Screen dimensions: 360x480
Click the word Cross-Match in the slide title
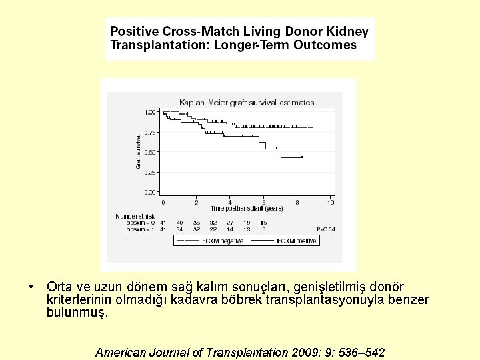pos(206,31)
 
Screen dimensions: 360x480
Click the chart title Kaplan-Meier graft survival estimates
pos(247,103)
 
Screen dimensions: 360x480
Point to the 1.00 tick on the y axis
pos(151,112)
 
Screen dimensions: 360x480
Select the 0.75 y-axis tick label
pos(151,132)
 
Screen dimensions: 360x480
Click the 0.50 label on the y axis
pos(151,152)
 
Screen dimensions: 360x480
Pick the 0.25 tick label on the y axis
pos(151,172)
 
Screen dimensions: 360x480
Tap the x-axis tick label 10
pos(330,202)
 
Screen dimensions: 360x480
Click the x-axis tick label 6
pos(263,202)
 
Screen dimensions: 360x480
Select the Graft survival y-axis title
pos(138,151)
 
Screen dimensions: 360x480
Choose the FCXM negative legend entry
pos(223,241)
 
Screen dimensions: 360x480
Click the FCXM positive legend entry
pos(297,241)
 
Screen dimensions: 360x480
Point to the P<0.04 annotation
pos(326,229)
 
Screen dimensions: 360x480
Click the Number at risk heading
pos(135,216)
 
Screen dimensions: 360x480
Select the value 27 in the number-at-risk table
pos(230,223)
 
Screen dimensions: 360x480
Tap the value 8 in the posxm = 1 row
pos(264,229)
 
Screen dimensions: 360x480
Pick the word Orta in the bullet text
pos(59,287)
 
